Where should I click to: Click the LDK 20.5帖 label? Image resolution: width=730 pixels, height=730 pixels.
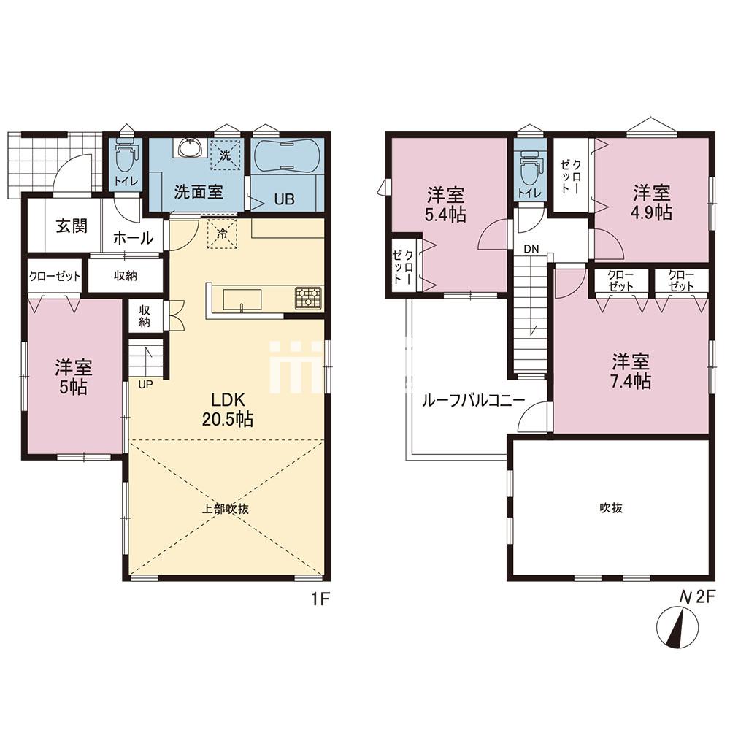228,410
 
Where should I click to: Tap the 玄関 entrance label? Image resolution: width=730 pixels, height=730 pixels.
72,226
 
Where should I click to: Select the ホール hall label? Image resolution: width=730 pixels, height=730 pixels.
133,238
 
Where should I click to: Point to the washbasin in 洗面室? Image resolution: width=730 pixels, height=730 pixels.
190,148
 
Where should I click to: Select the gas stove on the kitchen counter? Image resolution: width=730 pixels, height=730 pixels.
308,298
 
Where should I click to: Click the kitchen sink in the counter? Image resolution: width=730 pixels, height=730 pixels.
242,299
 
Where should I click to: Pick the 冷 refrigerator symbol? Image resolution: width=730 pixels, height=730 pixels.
222,233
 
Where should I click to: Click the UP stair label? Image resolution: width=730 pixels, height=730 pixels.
145,385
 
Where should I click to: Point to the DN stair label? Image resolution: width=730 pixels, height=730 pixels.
531,249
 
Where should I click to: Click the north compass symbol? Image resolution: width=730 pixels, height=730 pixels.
677,627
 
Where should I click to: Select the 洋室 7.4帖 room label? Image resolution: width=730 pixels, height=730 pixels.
631,371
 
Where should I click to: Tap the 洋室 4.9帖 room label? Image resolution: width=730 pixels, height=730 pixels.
651,202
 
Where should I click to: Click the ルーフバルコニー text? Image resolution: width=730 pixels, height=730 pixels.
473,400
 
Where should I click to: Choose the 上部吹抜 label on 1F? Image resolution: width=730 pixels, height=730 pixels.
225,508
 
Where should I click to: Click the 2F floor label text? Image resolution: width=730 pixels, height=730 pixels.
704,596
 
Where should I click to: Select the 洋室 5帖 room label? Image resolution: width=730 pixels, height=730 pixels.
74,377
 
